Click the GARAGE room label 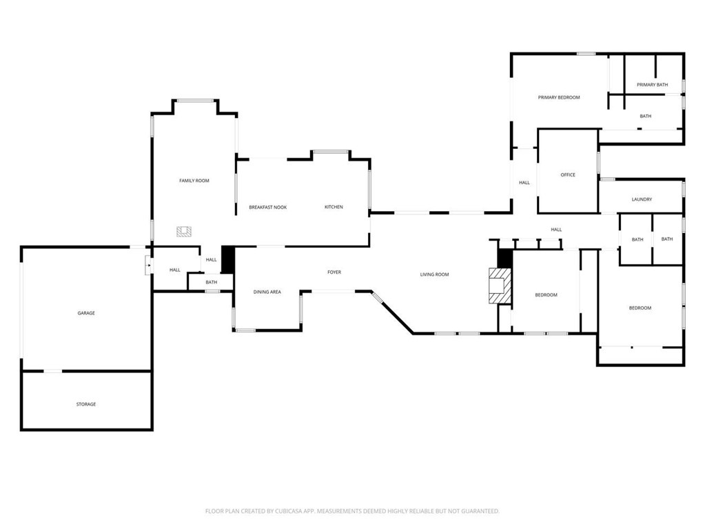[x=86, y=313]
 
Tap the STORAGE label [x=86, y=404]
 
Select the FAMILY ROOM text [x=194, y=181]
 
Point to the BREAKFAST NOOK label [x=268, y=208]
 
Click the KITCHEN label [x=334, y=207]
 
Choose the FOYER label [x=334, y=272]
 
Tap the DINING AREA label [x=267, y=292]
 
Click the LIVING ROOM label [x=434, y=275]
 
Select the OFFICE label [x=568, y=175]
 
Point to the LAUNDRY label [x=642, y=199]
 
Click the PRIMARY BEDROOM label [x=559, y=97]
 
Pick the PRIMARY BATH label [x=653, y=85]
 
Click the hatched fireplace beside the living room [x=500, y=286]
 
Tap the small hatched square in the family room [x=184, y=232]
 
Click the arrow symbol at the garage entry [x=149, y=266]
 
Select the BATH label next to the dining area [x=212, y=283]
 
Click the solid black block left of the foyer [x=228, y=260]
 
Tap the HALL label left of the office [x=524, y=183]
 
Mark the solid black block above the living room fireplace [x=504, y=258]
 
